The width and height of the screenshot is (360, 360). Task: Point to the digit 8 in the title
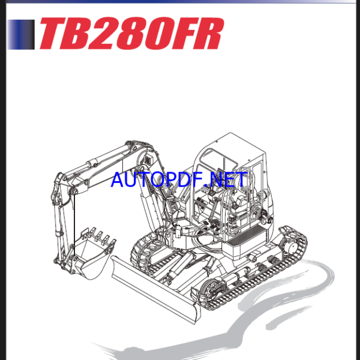point(140,34)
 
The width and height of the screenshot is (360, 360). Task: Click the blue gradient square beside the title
point(22,34)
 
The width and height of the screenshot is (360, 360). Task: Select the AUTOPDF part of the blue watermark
point(157,179)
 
